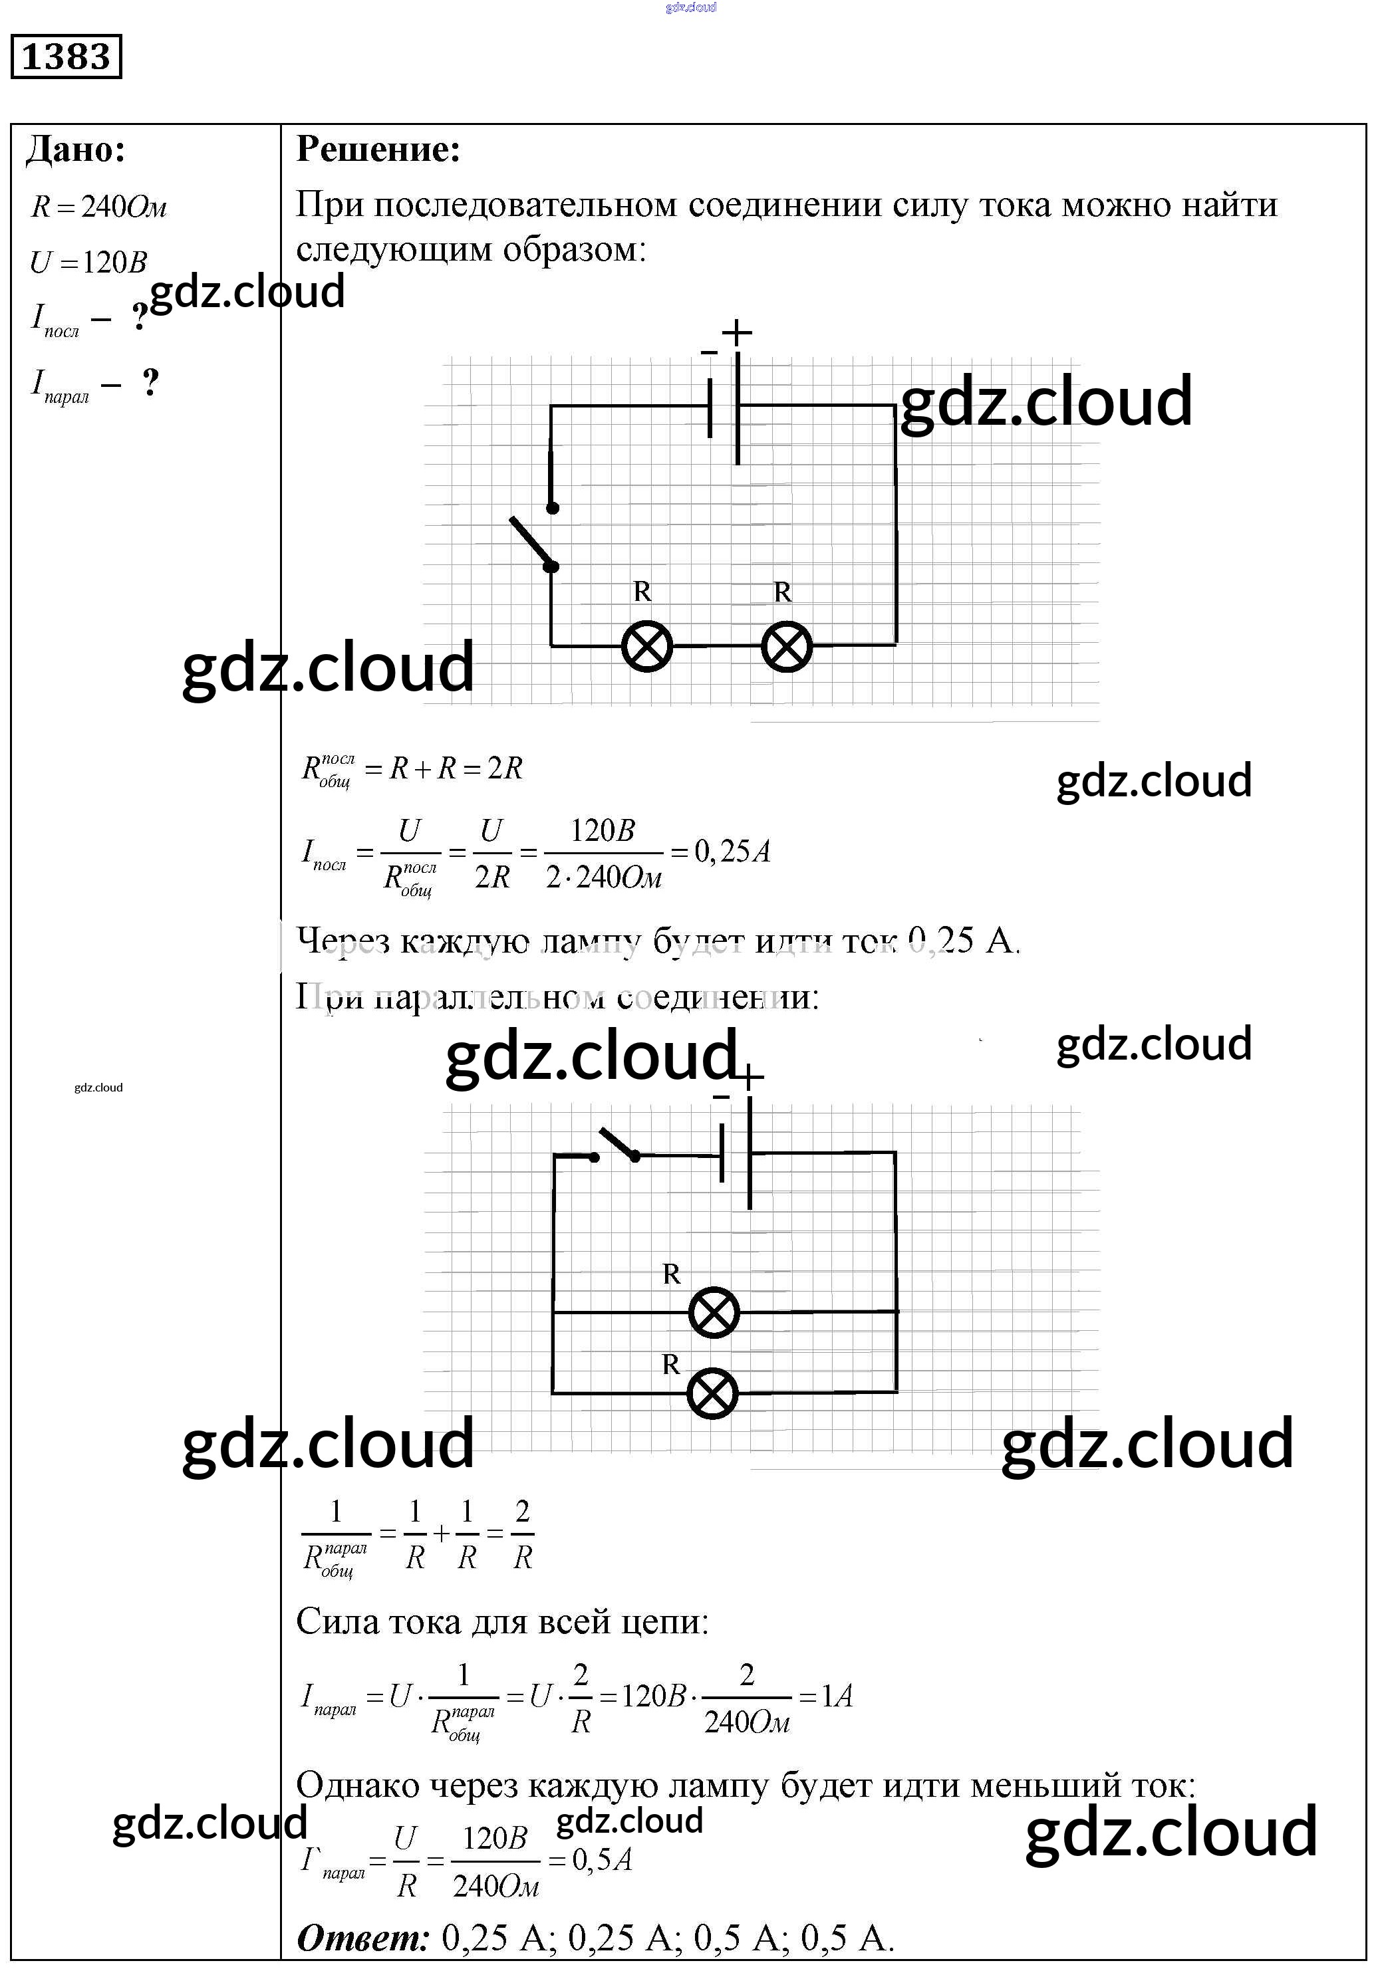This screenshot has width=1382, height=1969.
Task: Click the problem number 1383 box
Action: point(66,57)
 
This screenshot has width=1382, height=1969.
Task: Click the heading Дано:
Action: point(76,150)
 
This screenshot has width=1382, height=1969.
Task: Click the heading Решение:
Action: point(378,150)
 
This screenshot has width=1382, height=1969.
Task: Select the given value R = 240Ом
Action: point(98,207)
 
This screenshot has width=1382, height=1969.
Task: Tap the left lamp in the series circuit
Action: point(647,645)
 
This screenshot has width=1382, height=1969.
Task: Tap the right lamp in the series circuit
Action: point(787,645)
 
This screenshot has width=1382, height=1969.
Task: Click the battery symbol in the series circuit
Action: point(725,407)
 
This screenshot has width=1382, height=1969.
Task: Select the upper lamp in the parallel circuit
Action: point(714,1312)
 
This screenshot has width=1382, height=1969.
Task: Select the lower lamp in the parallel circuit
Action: point(713,1393)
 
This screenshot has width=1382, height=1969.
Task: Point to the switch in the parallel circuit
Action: point(616,1147)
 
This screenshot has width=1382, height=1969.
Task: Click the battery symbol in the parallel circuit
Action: point(736,1153)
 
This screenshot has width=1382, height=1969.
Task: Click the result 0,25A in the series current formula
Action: point(732,852)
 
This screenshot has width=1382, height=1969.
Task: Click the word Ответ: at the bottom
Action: point(362,1937)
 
